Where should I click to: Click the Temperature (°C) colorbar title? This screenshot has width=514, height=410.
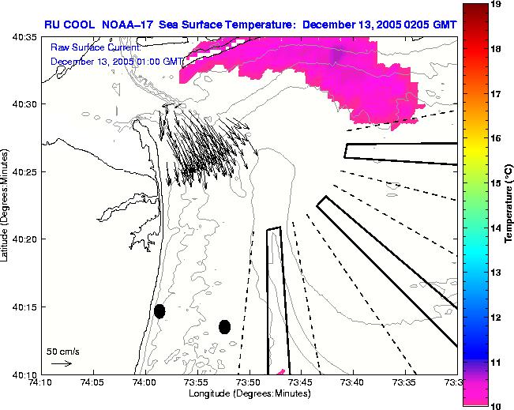509,205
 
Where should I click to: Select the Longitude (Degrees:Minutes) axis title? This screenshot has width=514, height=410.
248,393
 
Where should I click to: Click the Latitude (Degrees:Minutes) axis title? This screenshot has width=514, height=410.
6,205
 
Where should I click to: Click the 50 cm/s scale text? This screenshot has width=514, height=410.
62,351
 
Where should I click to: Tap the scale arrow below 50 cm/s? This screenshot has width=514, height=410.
62,363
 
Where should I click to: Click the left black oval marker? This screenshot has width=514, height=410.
159,311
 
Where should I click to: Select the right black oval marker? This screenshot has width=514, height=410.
224,326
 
